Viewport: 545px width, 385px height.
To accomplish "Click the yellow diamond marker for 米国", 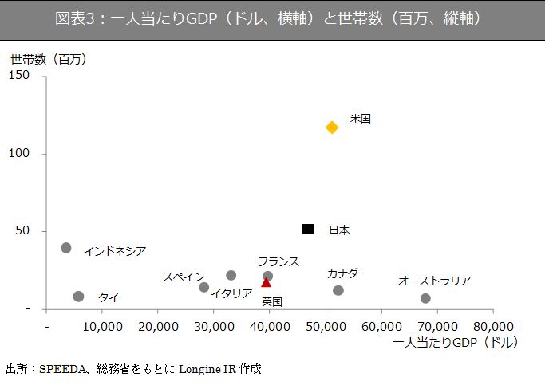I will [x=332, y=128].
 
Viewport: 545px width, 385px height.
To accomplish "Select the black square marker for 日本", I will [x=308, y=230].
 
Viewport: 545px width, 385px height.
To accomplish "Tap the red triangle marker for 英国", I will [x=266, y=282].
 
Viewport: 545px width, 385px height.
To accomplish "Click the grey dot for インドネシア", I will [x=66, y=248].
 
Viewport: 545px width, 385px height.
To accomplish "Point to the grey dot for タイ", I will [x=78, y=297].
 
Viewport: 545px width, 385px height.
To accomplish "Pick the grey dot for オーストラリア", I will [x=425, y=298].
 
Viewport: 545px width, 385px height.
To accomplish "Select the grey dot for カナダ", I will [x=338, y=291].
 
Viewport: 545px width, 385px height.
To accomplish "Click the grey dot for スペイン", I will [x=203, y=287].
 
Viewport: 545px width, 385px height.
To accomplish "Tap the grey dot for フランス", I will [x=267, y=276].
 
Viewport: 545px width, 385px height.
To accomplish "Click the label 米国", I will [x=360, y=119].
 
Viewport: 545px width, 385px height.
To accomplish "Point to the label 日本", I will [x=339, y=230].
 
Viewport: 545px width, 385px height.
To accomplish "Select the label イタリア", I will [x=231, y=293].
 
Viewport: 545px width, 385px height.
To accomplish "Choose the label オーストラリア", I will [x=434, y=281].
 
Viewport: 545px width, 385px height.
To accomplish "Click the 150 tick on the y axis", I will [x=19, y=76].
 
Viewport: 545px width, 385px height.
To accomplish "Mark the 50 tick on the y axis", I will [x=22, y=231].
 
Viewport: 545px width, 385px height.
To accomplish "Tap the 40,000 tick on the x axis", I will [x=269, y=327].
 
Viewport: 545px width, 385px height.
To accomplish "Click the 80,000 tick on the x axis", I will [x=492, y=327].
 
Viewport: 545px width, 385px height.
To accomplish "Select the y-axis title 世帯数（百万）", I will [x=49, y=59].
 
